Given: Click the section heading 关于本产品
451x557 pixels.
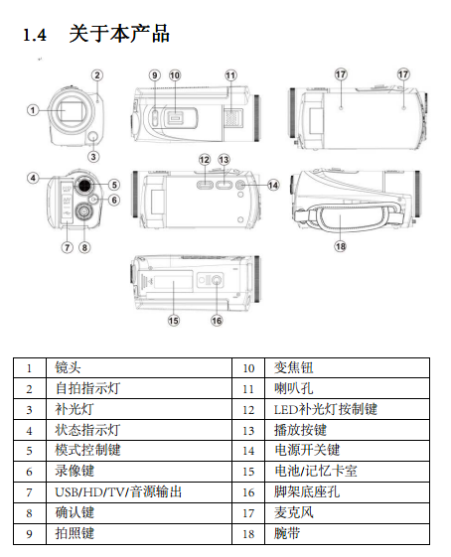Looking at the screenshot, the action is point(119,34).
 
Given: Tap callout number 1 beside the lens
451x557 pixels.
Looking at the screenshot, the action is point(33,110).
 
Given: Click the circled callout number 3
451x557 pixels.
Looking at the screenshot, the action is point(93,157).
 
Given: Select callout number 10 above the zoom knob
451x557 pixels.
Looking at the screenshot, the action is point(175,75).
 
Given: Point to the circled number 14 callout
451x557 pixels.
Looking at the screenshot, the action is point(273,185).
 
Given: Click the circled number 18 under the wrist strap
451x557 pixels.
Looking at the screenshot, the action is point(340,246).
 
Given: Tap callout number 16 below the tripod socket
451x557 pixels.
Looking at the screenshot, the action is point(217,321).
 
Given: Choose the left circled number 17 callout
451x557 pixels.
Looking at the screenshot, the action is point(341,74).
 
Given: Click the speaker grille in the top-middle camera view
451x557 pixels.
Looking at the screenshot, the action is point(233,118).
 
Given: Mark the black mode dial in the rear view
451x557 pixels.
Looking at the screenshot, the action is point(84,185).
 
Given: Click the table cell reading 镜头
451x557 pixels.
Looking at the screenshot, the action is point(139,367).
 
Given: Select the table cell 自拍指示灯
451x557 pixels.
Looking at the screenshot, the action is point(139,388).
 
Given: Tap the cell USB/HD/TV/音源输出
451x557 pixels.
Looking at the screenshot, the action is point(139,492).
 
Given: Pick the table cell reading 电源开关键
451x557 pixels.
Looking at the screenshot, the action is point(347,451).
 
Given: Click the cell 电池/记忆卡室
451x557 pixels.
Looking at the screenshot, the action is point(347,472).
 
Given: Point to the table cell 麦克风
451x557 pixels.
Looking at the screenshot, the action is point(347,513).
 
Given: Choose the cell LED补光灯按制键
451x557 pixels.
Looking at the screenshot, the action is point(347,409).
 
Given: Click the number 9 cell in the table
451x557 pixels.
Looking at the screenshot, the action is point(30,534).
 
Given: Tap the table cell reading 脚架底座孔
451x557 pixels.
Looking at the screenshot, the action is point(347,492).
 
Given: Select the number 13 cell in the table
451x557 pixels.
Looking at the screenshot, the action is point(248,430).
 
